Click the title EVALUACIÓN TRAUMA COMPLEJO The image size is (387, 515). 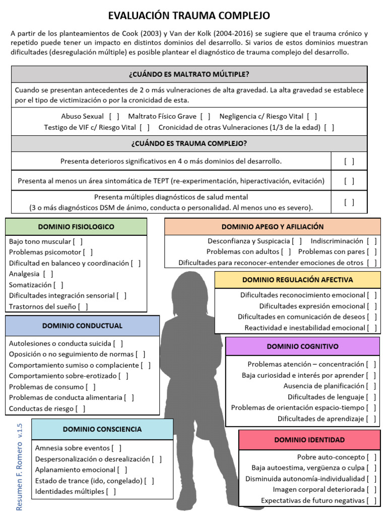[189, 16]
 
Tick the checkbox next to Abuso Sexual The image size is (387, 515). [114, 116]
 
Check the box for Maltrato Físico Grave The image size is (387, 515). [206, 116]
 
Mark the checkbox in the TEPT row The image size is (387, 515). [349, 181]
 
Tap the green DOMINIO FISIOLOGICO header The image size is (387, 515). [76, 227]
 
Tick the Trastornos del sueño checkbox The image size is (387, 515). [83, 306]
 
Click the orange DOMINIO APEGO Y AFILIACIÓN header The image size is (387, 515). [273, 227]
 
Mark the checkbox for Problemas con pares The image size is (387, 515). [372, 251]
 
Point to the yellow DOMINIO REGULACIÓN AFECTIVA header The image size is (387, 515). [297, 280]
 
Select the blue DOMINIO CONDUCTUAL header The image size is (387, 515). [82, 325]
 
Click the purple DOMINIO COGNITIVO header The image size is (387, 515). [302, 346]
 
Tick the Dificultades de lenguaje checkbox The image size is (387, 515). [371, 397]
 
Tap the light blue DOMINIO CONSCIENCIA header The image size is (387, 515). [102, 429]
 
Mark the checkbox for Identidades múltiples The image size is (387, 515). [111, 492]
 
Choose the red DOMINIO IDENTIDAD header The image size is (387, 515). [309, 440]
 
